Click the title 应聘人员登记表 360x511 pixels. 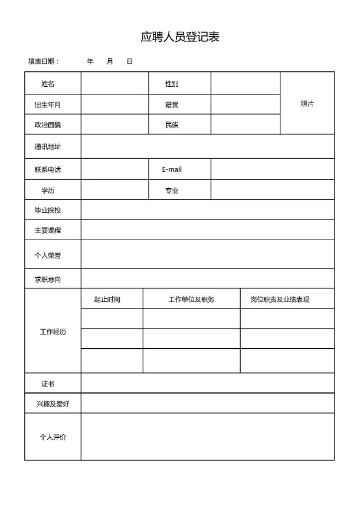click(x=180, y=37)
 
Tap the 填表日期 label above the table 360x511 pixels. click(x=43, y=61)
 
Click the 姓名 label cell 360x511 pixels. click(x=48, y=84)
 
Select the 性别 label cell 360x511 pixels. click(x=172, y=84)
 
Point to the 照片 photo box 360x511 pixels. click(x=307, y=103)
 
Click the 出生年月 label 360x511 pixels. click(x=48, y=105)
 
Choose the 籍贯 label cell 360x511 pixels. click(x=172, y=105)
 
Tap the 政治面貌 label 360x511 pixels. click(x=48, y=125)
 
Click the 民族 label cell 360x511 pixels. click(x=172, y=125)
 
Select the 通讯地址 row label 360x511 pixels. click(x=48, y=146)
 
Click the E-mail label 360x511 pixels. click(x=172, y=169)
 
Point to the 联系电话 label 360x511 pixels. click(x=48, y=170)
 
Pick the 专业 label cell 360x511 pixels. click(x=172, y=191)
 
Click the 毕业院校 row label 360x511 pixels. click(x=48, y=210)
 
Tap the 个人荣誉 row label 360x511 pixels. click(x=48, y=255)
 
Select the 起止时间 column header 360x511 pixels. click(x=107, y=299)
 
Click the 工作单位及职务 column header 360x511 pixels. click(x=191, y=299)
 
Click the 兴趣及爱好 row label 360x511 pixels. click(x=53, y=404)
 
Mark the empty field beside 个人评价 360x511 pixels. click(x=207, y=437)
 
